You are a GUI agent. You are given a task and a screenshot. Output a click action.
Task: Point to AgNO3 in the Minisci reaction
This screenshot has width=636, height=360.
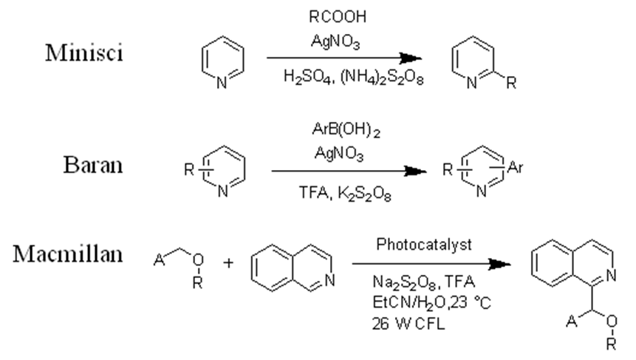tap(337, 43)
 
